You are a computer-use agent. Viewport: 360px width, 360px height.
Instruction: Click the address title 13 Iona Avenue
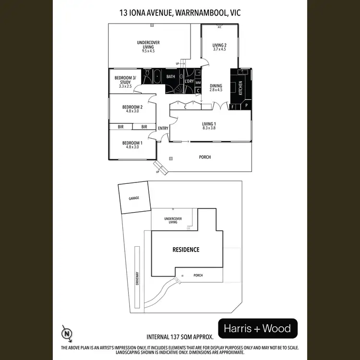[180, 13]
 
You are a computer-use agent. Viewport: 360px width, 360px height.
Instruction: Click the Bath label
[171, 77]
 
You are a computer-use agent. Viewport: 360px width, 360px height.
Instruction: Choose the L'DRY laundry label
[189, 81]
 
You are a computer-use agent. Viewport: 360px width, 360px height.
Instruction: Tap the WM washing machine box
[198, 83]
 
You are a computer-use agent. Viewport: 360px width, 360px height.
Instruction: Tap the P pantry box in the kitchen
[246, 105]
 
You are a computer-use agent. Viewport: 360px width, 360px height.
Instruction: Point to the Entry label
[163, 128]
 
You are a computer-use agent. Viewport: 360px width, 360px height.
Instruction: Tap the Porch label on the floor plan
[205, 157]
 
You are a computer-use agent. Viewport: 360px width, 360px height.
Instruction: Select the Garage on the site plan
[133, 198]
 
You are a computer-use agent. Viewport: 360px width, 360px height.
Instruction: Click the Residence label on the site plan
[186, 250]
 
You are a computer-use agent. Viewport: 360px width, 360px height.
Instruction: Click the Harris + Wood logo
[258, 329]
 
